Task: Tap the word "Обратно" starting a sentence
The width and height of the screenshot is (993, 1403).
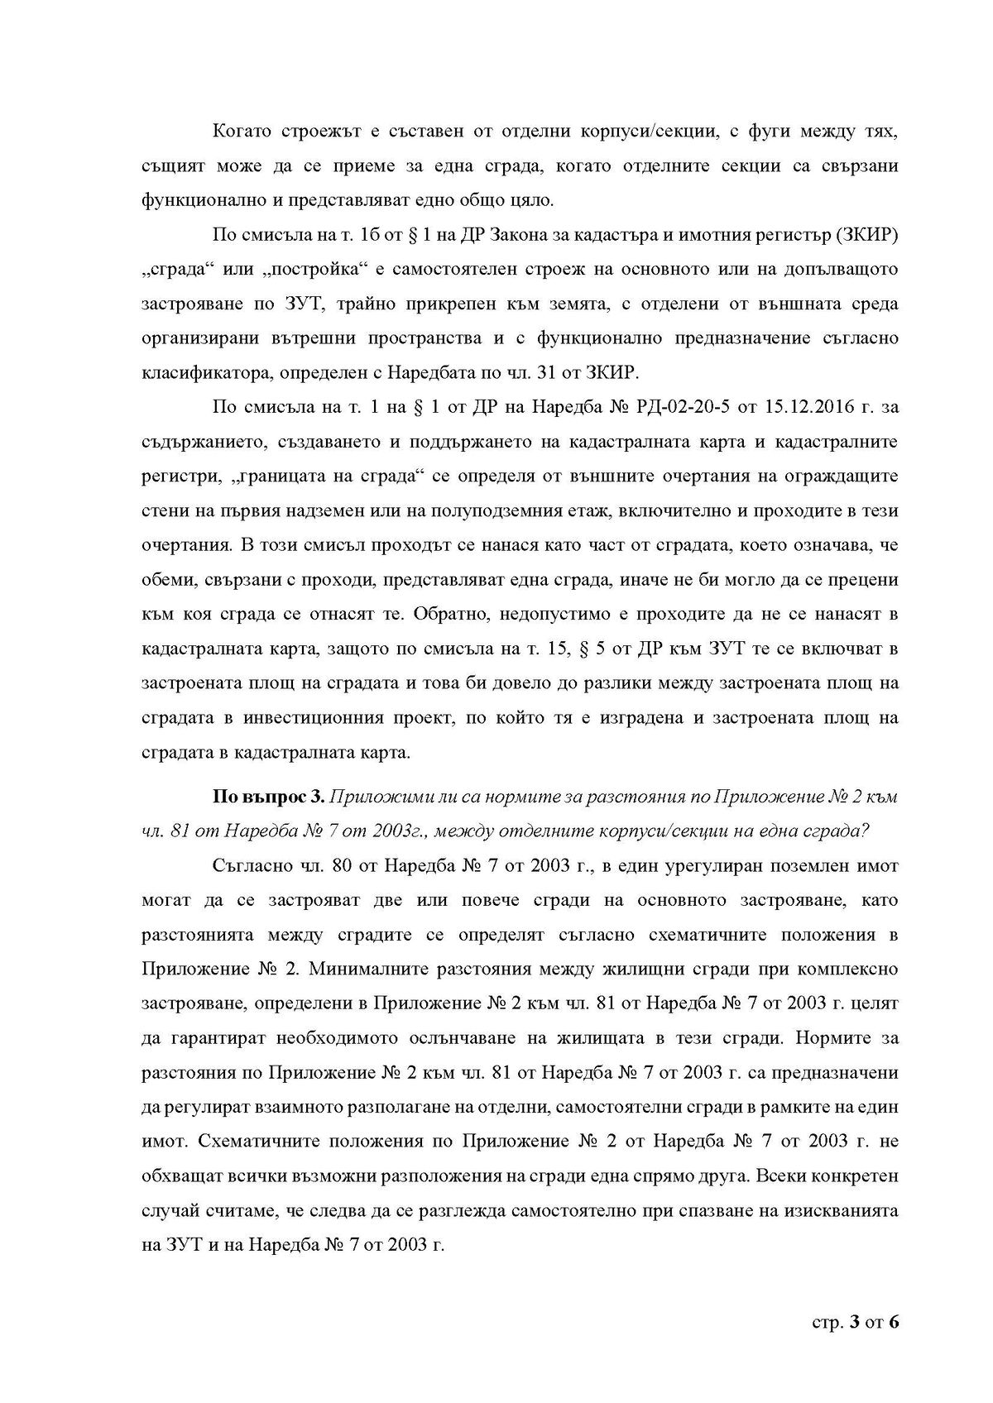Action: tap(446, 615)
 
